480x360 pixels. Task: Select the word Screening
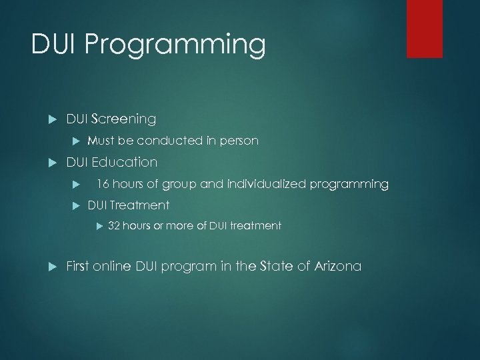(123, 119)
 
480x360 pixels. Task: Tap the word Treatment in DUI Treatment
(139, 205)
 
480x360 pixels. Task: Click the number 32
(114, 226)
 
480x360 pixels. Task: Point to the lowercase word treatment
(257, 226)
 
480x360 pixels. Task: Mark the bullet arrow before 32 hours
(97, 226)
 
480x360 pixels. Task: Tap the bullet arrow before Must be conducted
(75, 141)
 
